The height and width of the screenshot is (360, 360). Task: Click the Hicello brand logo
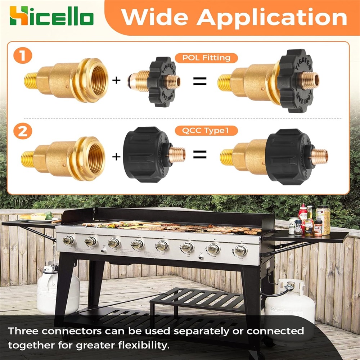[x=51, y=15]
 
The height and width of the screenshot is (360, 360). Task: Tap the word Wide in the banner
[x=154, y=17]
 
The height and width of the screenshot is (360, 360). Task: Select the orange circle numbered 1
[x=23, y=55]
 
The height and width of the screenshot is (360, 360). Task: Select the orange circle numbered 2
[x=23, y=131]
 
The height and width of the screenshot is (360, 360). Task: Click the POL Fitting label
[x=206, y=58]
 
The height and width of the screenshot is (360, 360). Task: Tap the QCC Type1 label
[x=206, y=131]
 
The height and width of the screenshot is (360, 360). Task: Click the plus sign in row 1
[x=116, y=80]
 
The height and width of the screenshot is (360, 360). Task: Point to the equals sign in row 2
[x=200, y=154]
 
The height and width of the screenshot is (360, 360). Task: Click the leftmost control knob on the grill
[x=68, y=240]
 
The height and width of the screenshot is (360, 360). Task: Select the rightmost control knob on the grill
[x=240, y=250]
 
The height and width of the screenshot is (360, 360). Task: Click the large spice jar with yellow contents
[x=323, y=220]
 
